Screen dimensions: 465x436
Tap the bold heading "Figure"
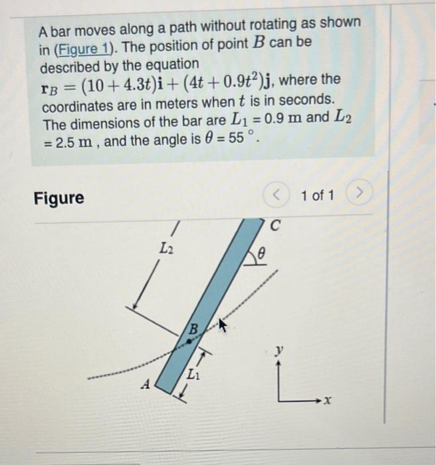59,198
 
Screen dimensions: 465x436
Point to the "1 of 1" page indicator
317,196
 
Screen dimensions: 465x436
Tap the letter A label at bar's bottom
147,383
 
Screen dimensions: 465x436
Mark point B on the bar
189,339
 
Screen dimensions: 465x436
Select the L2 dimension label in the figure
166,248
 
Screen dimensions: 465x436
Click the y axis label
281,350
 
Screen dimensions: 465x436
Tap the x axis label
327,401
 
